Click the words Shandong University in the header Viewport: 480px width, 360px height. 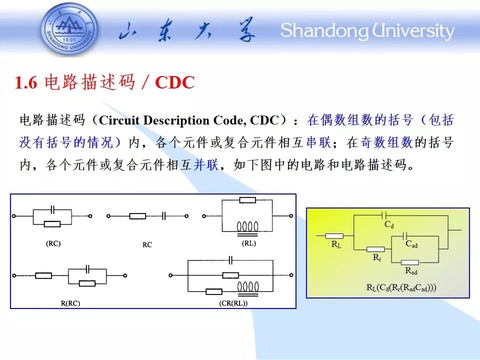(x=367, y=31)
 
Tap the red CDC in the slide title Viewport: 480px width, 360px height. (x=175, y=82)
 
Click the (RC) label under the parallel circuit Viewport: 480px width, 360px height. (x=53, y=243)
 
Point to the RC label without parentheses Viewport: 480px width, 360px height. (x=147, y=245)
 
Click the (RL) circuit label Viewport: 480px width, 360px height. (x=249, y=243)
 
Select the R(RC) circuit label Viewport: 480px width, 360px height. (x=70, y=303)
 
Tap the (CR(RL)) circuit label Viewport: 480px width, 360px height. (x=233, y=303)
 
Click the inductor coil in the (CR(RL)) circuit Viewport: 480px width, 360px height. (x=248, y=288)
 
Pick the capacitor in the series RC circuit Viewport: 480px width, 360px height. (x=164, y=216)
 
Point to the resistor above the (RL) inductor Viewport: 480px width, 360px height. (x=247, y=200)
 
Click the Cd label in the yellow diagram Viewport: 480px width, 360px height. (x=389, y=224)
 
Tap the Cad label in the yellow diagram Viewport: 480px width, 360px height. (x=411, y=244)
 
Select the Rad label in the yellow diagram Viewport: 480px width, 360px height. (x=411, y=271)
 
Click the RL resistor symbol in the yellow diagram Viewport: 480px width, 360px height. (x=334, y=236)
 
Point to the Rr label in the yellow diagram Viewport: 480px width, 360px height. (x=377, y=258)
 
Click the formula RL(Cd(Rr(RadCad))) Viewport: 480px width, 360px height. (x=401, y=287)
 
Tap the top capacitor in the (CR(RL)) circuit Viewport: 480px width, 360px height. (x=231, y=260)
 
